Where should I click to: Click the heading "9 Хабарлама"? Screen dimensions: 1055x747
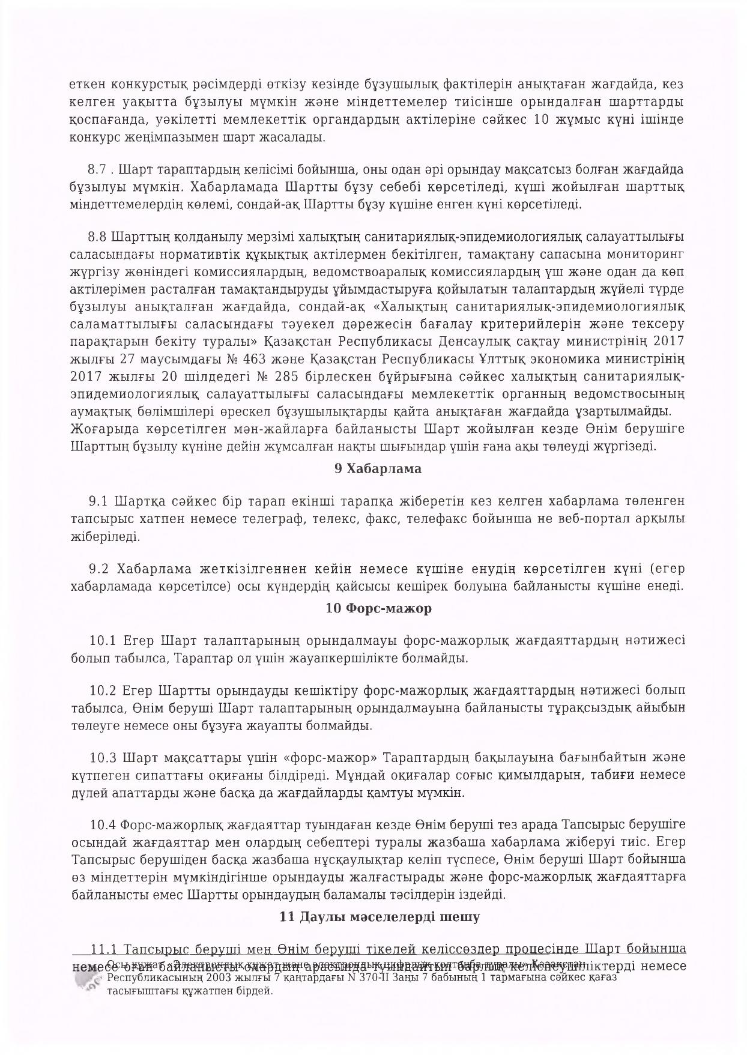coord(378,469)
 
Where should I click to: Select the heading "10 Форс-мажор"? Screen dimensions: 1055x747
coord(378,608)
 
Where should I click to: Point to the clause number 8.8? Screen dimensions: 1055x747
coord(97,236)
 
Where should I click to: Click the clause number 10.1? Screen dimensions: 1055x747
coord(101,640)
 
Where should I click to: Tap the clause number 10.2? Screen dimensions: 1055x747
coord(101,689)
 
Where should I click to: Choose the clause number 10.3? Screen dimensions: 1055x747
coord(101,757)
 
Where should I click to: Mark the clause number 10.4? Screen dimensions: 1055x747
coord(101,824)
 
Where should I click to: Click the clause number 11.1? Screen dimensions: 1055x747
coord(103,949)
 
